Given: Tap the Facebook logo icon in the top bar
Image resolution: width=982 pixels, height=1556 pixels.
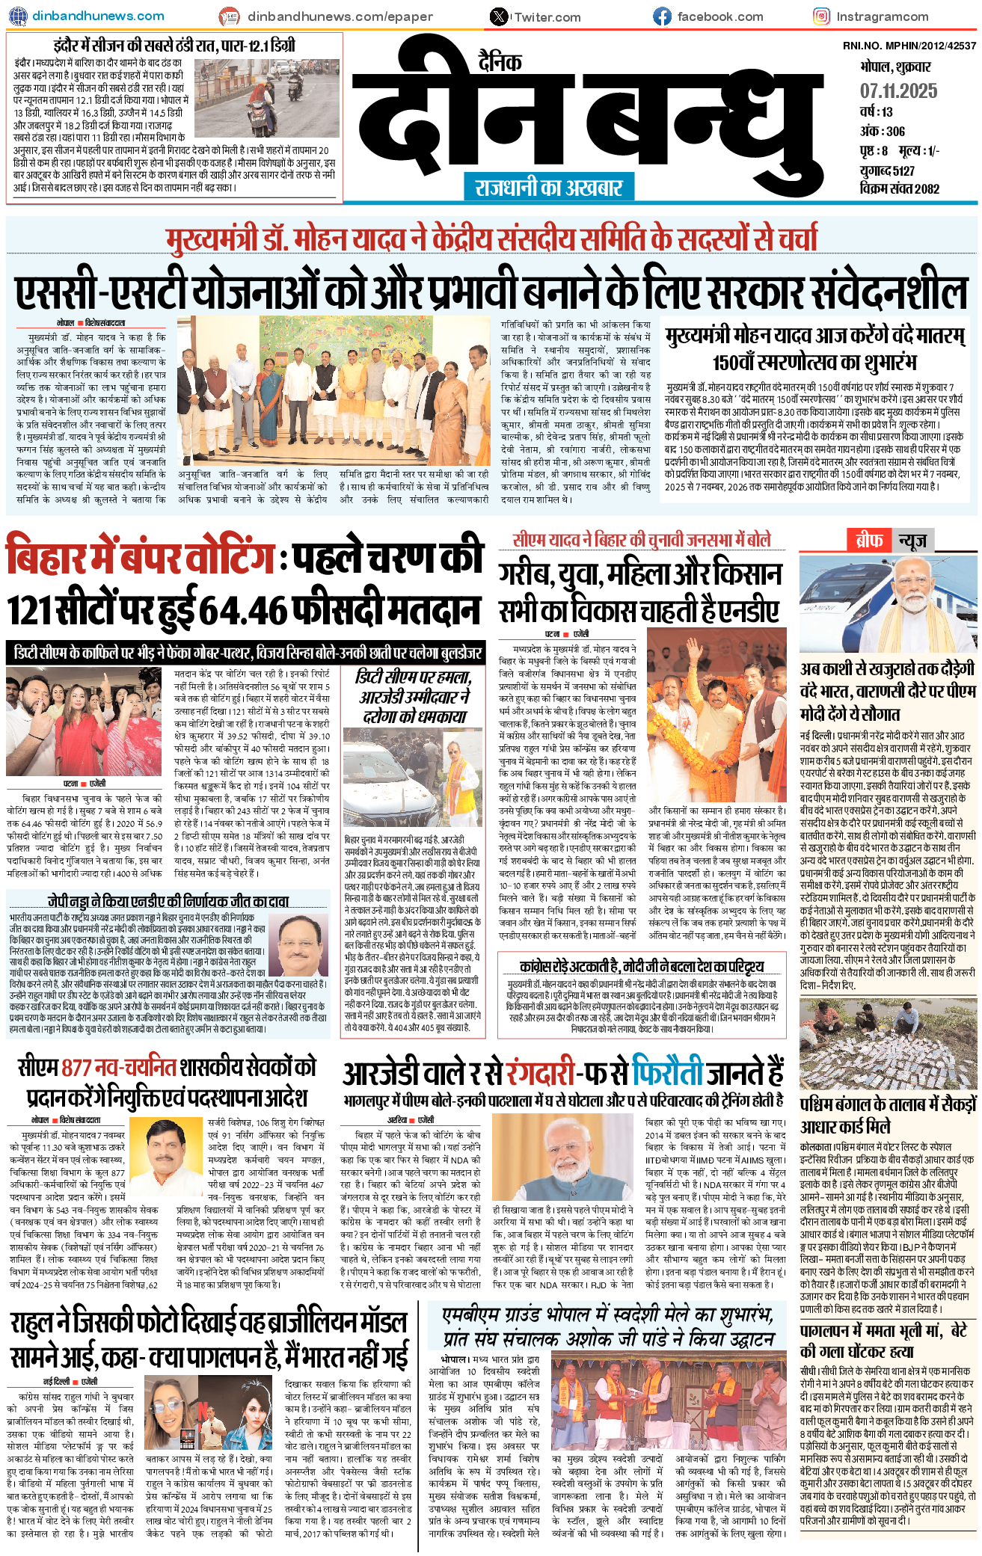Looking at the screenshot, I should [x=662, y=16].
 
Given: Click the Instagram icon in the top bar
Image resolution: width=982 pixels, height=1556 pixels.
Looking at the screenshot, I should [x=821, y=16].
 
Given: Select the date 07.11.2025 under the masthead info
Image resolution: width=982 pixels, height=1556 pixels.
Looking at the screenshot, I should [x=898, y=91].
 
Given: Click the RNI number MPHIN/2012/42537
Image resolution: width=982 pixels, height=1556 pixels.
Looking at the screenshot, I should [x=909, y=46].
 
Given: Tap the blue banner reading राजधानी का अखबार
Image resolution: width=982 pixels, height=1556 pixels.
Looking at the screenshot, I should [x=549, y=186].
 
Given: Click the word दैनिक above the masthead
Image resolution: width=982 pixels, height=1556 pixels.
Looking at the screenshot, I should [x=500, y=62].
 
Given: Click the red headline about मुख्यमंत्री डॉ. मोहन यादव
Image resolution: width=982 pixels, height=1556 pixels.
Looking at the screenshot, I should [x=491, y=239].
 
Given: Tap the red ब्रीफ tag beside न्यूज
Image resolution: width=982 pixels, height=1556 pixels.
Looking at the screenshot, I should [x=868, y=540].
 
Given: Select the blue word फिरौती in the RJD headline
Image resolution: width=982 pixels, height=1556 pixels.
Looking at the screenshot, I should [x=675, y=1074].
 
